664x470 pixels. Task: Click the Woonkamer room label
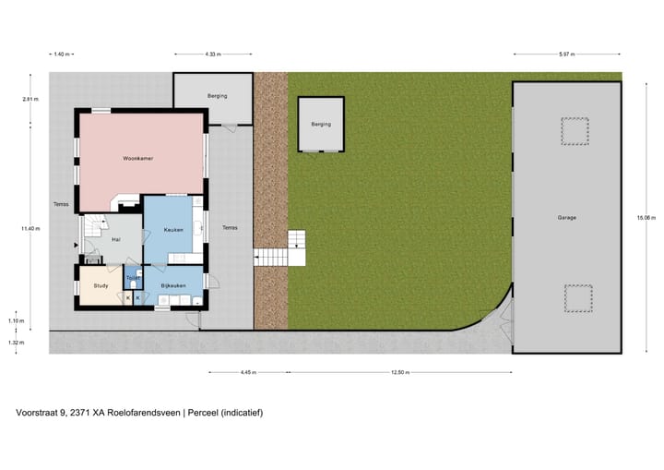[137, 159]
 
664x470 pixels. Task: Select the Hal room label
[116, 239]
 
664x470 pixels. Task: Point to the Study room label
[101, 285]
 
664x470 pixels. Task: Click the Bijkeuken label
[174, 285]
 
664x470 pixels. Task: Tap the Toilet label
[133, 277]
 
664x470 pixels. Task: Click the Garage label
[566, 218]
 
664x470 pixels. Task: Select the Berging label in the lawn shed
[320, 124]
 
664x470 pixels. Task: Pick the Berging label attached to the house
[217, 96]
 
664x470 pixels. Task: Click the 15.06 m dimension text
[646, 218]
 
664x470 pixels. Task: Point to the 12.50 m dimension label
[399, 373]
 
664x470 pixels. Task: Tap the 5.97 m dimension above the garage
[566, 54]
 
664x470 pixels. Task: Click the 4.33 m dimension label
[213, 54]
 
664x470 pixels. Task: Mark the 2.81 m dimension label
[31, 99]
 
